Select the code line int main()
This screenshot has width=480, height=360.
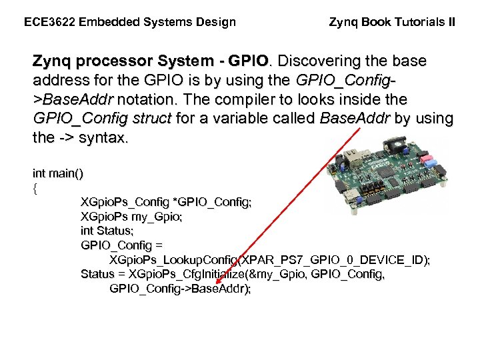(58, 174)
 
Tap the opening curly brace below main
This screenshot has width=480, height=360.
(35, 188)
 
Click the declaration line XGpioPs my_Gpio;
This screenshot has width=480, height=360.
(131, 217)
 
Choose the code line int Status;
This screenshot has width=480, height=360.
(107, 231)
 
